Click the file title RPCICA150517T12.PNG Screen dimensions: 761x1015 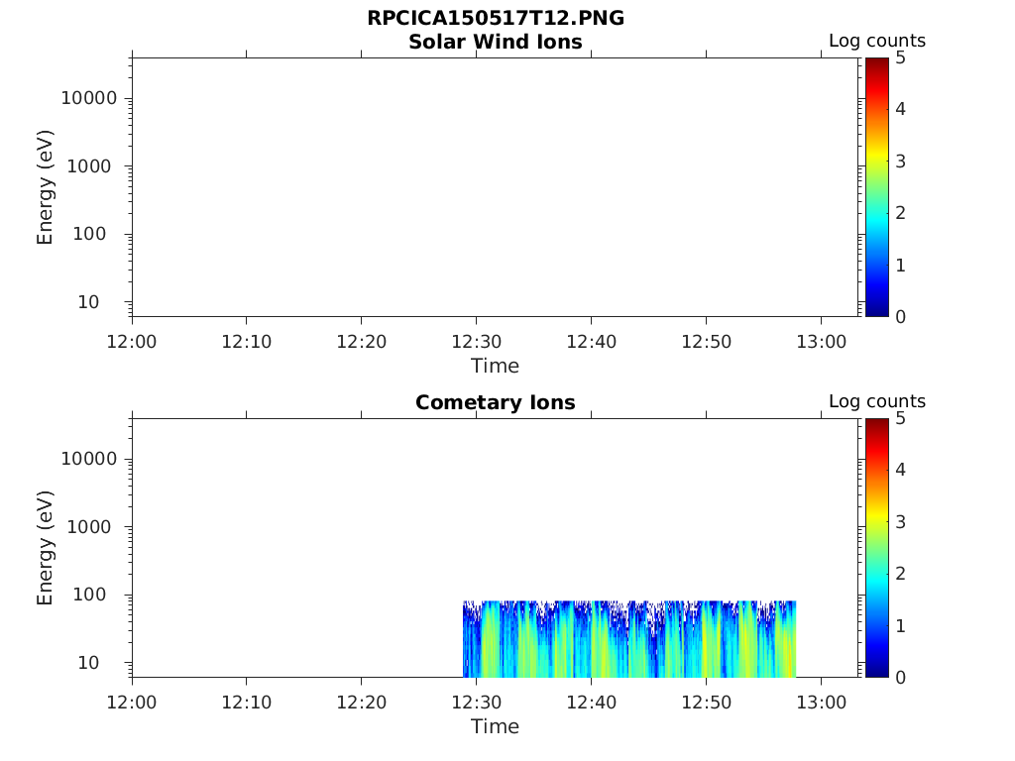495,19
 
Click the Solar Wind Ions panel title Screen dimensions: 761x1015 495,43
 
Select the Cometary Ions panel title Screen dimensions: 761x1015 495,403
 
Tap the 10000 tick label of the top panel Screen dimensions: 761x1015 89,98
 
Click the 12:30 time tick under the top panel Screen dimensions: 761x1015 476,341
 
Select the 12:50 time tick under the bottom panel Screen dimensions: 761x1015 705,702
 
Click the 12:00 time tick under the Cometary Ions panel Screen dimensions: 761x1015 132,702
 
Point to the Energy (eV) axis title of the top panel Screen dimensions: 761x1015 46,186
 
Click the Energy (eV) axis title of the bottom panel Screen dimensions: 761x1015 46,547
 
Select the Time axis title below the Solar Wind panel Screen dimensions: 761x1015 495,366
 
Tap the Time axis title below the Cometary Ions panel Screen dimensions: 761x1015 495,726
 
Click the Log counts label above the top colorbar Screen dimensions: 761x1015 877,42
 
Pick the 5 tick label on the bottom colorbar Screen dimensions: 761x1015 901,419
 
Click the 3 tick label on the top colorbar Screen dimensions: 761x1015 901,161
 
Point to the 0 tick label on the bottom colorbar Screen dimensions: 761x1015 901,677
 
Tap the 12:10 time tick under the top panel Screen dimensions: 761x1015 246,341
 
